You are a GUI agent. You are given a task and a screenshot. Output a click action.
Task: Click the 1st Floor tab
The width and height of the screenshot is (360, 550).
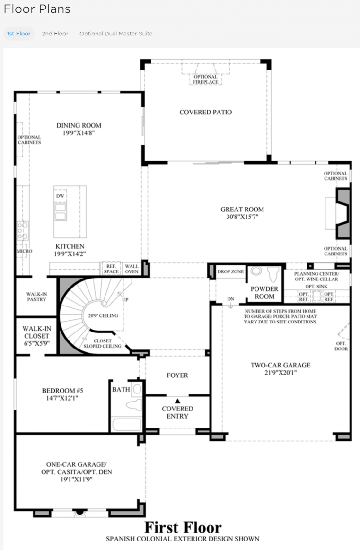click(19, 34)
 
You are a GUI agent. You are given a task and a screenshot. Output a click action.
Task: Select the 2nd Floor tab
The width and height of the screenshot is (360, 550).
click(55, 34)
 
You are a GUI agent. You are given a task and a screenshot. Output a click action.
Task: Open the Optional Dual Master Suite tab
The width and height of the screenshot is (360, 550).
click(116, 34)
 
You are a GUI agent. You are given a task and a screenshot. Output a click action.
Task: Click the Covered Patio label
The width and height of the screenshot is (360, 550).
click(206, 112)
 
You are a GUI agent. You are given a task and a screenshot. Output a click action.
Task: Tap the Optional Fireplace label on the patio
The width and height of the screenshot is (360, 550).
click(206, 79)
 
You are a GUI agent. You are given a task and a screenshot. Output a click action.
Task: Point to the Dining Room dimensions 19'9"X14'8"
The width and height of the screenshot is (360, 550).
click(79, 133)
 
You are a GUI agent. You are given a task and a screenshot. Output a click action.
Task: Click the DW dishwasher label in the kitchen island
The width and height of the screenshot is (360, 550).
click(60, 196)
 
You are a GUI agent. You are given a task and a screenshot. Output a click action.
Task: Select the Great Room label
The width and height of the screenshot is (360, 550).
click(242, 209)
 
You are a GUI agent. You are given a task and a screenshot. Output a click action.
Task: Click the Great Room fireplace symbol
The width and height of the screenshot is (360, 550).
click(343, 213)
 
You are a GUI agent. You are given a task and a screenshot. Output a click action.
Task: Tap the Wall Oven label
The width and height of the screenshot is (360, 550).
click(132, 269)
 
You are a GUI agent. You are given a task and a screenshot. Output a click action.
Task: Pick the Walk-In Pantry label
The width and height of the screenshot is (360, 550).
click(36, 297)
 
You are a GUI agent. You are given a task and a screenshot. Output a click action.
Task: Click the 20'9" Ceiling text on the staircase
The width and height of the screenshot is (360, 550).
click(103, 316)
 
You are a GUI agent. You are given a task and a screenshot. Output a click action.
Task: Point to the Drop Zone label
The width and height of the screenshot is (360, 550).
click(230, 271)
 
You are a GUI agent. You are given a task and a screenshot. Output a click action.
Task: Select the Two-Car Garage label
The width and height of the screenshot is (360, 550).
click(281, 365)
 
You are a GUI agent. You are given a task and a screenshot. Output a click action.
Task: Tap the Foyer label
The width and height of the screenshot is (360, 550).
click(177, 375)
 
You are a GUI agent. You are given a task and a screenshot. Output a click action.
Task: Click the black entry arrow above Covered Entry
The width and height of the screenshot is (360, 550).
click(177, 401)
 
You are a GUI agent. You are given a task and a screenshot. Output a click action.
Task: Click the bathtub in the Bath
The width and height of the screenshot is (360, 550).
click(126, 424)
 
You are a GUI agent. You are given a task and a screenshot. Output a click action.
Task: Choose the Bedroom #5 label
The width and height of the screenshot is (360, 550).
click(62, 391)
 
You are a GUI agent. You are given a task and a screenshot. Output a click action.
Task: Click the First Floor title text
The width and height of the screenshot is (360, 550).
click(183, 527)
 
